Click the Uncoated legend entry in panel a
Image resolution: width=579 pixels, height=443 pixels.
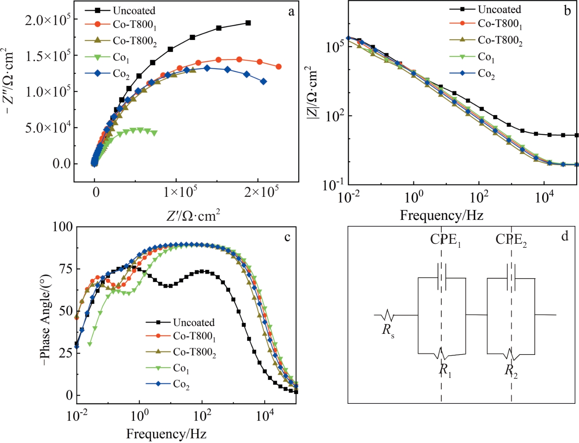134,11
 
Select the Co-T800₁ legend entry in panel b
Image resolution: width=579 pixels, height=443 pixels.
499,24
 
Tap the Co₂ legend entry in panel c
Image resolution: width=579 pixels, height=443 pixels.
181,384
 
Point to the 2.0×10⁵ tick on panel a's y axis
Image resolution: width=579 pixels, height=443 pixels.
48,20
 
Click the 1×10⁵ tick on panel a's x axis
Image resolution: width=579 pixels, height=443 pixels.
180,191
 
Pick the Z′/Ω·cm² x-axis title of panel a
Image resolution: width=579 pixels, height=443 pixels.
193,215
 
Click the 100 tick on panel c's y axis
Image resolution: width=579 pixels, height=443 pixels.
62,227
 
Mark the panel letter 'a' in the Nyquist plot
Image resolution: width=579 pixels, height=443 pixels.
291,12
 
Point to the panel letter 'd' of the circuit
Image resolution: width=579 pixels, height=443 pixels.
565,236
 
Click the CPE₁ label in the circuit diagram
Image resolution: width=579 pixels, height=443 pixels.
445,240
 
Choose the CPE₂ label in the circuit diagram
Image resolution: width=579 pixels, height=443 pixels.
511,240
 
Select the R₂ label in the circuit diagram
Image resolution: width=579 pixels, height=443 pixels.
511,370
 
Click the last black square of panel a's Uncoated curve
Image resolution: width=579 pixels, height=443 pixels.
248,23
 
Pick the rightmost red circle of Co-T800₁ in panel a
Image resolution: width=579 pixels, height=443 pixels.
278,67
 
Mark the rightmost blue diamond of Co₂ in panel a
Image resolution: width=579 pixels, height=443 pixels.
263,82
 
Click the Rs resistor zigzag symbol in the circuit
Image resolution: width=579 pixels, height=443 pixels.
387,315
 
